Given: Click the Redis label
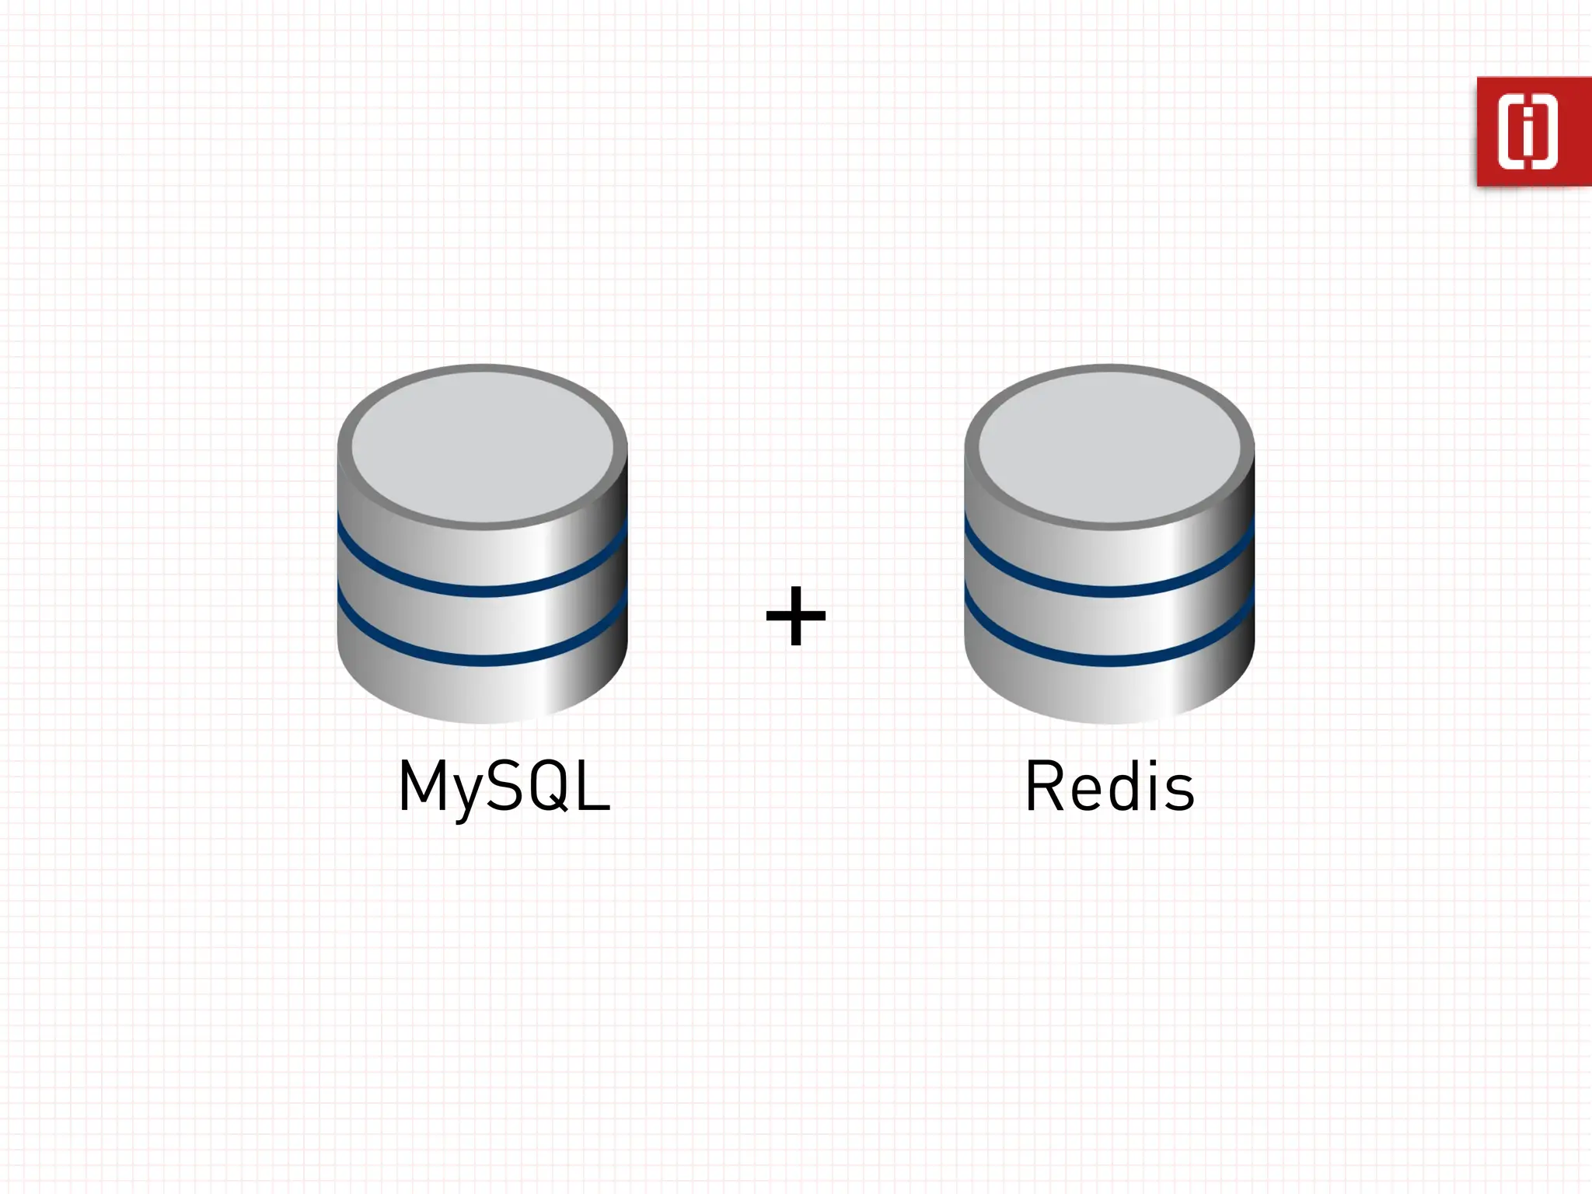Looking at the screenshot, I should coord(1109,787).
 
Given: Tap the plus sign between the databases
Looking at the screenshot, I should coord(795,616).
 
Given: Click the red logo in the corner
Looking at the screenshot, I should coord(1533,131).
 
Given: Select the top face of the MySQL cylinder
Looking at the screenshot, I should coord(482,447).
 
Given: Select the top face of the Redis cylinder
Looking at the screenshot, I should coord(1109,447).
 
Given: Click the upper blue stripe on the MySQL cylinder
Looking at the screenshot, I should coord(482,591).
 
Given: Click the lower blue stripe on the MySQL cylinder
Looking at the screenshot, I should coord(482,661).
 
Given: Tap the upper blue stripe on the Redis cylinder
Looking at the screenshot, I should coord(1109,591).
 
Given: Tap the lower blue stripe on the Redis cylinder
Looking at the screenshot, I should coord(1109,661).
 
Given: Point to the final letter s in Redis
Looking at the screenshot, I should coord(1179,791).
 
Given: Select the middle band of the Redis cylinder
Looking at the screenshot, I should coord(1109,626).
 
